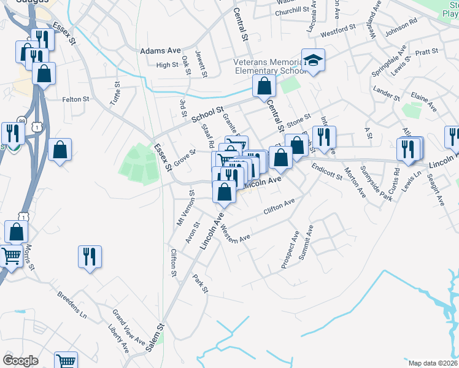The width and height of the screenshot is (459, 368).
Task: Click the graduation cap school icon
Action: point(313,60)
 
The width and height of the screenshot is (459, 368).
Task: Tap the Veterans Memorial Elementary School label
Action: point(269,66)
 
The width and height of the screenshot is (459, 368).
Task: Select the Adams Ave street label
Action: point(161,51)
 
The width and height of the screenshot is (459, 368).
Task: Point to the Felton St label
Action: point(76,99)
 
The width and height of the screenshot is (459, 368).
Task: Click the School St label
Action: point(207,114)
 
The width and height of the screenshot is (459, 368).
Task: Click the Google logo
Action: point(20,360)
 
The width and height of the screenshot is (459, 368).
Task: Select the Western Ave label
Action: point(236,233)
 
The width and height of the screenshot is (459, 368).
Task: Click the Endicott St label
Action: point(326,171)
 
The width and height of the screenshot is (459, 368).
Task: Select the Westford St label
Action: point(338,29)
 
